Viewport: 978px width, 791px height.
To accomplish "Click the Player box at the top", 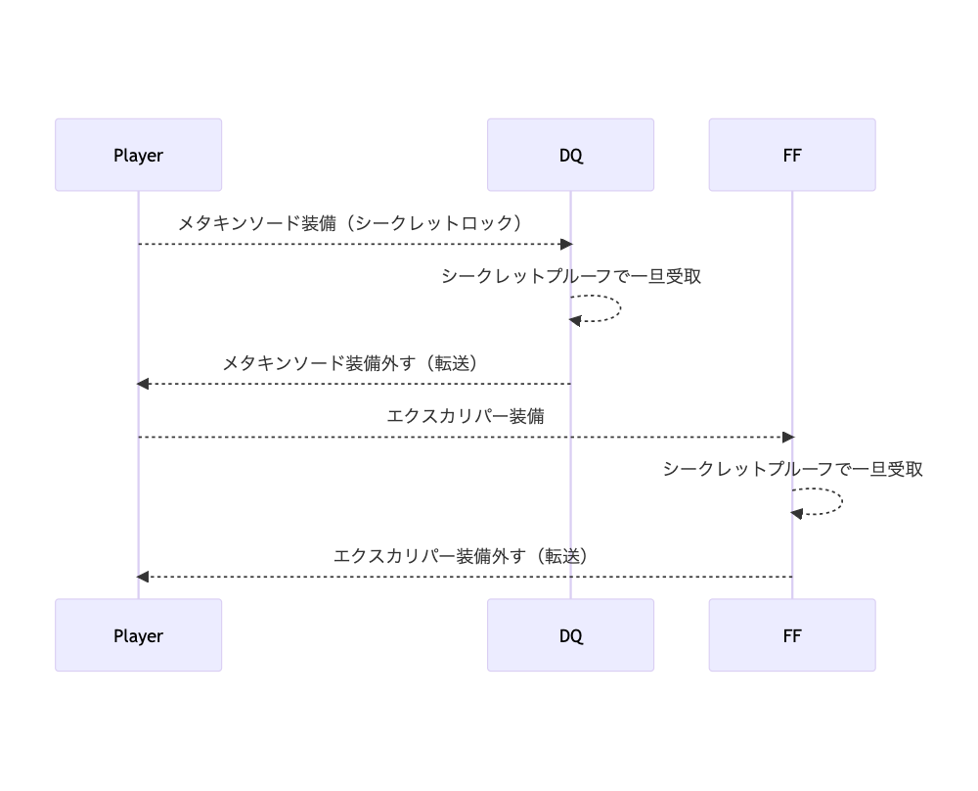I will [x=138, y=155].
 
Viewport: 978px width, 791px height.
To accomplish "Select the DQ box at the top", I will [x=570, y=155].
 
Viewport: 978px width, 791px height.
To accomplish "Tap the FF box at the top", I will [x=792, y=155].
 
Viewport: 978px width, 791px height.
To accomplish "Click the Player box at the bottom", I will [x=138, y=635].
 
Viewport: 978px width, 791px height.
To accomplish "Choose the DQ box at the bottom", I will [x=570, y=635].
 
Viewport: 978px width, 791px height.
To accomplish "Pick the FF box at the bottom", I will [x=792, y=635].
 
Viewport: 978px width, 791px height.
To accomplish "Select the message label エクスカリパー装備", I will [x=466, y=416].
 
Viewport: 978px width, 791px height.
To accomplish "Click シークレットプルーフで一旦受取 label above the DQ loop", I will [x=571, y=276].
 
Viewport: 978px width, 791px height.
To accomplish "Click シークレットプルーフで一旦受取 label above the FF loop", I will [x=793, y=469].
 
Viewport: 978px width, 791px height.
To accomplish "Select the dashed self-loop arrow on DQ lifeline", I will [x=616, y=308].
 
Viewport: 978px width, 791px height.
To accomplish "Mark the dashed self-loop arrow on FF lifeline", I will [x=838, y=501].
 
